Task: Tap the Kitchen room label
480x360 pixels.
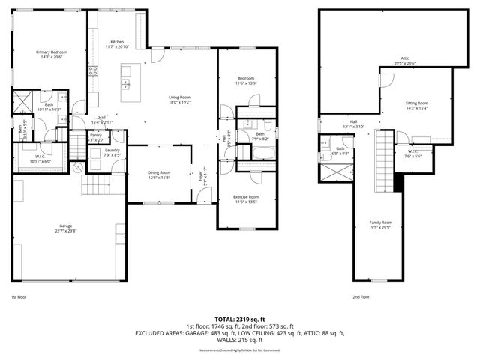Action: [x=117, y=41]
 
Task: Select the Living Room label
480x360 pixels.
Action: [x=179, y=97]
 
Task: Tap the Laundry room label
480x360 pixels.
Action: [x=112, y=151]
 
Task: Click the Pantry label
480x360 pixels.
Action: [x=96, y=135]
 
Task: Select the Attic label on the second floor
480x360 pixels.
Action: [x=404, y=58]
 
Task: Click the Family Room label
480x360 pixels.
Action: [x=381, y=223]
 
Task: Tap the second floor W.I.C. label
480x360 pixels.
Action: [x=413, y=152]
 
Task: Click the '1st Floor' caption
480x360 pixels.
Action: [x=19, y=297]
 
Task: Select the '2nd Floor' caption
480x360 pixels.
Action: [x=361, y=297]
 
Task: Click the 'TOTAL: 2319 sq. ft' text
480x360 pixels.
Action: [x=239, y=319]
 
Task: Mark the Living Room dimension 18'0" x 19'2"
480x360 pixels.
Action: [x=179, y=103]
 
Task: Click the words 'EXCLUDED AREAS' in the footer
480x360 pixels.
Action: [x=160, y=332]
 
